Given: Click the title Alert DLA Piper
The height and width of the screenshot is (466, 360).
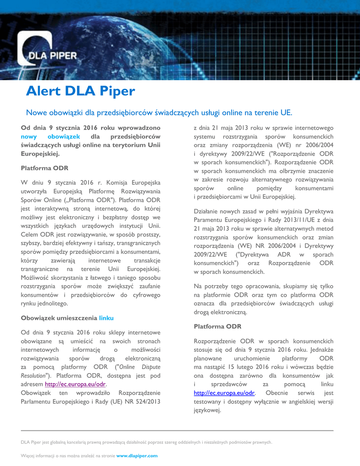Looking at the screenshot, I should click(x=81, y=91).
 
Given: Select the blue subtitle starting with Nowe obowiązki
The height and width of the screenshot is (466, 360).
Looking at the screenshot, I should click(x=159, y=112).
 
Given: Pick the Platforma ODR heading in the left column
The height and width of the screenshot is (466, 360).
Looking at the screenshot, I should click(x=45, y=168).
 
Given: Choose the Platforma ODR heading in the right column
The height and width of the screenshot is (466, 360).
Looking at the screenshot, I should click(x=217, y=326).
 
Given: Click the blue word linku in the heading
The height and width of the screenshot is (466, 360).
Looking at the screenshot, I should click(x=106, y=318).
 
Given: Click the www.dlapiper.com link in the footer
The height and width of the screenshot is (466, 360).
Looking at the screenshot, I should click(x=137, y=455).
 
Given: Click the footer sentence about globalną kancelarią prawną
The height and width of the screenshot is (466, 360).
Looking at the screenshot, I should click(x=147, y=442).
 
